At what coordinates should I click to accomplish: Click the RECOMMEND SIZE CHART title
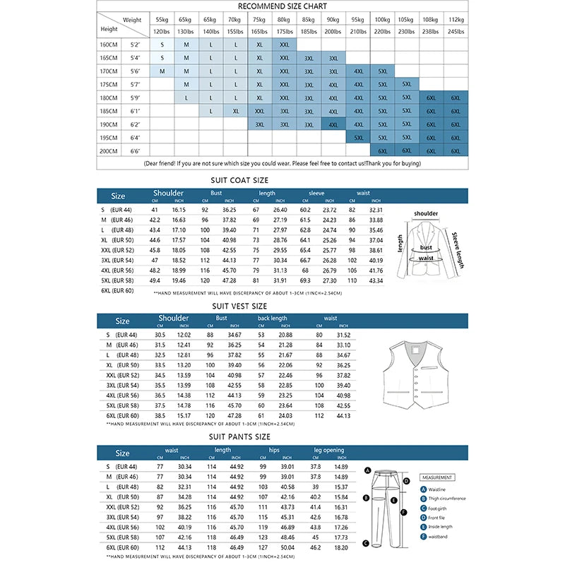point(282,6)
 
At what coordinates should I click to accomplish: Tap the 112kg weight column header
point(456,20)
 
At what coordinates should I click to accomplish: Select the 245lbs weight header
point(456,32)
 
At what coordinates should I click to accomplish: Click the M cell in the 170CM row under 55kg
point(162,71)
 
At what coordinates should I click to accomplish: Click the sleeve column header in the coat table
point(316,193)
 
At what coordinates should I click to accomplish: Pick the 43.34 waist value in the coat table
point(375,281)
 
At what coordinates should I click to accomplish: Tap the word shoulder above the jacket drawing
point(426,213)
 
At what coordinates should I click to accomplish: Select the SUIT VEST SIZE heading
point(240,307)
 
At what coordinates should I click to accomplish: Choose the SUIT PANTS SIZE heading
point(240,436)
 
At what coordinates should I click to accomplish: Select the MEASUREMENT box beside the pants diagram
point(437,477)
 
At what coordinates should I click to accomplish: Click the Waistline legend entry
point(439,489)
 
